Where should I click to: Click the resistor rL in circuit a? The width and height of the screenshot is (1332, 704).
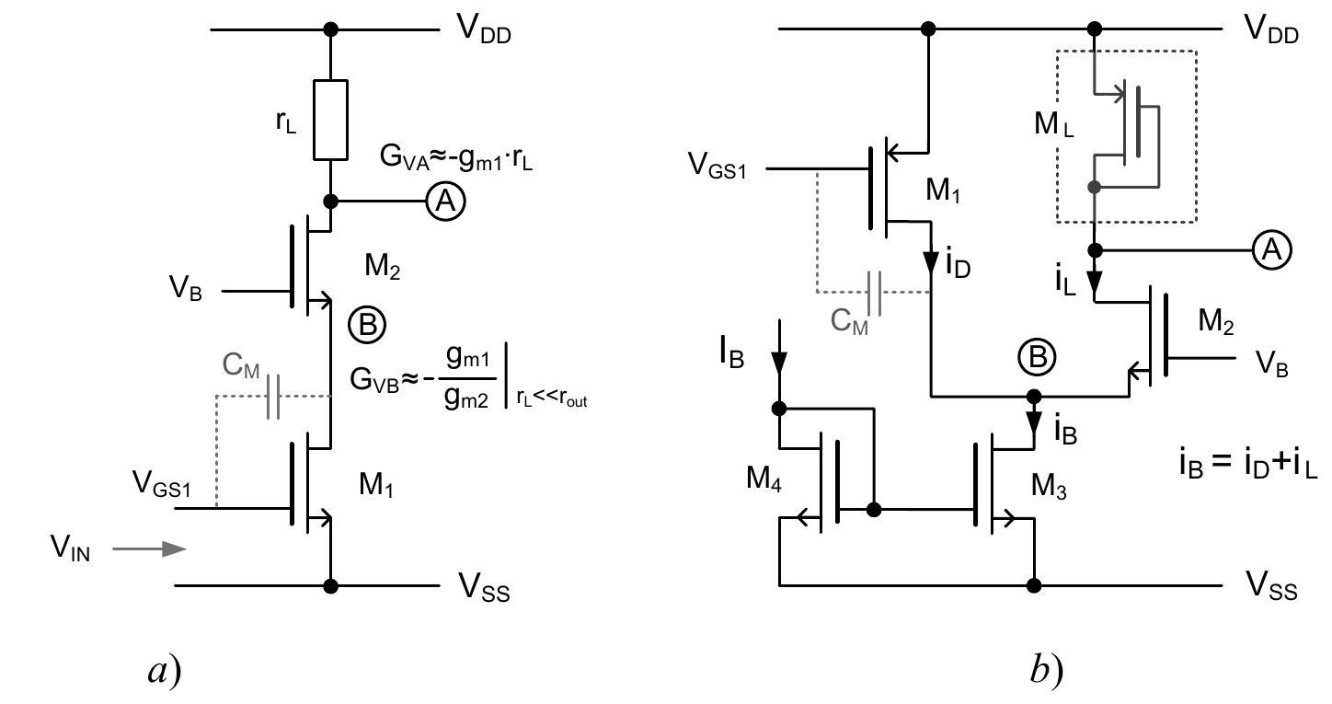331,120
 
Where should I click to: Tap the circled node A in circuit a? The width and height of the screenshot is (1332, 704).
446,202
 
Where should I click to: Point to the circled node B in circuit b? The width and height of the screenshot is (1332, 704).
1037,358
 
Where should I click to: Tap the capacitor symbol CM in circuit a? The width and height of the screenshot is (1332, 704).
272,397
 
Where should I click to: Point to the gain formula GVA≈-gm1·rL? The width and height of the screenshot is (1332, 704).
457,156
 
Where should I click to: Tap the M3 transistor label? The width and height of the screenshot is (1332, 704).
1051,484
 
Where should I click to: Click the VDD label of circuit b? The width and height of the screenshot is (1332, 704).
1271,29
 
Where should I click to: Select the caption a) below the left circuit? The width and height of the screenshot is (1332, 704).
165,671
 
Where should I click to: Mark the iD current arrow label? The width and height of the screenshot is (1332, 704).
957,266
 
